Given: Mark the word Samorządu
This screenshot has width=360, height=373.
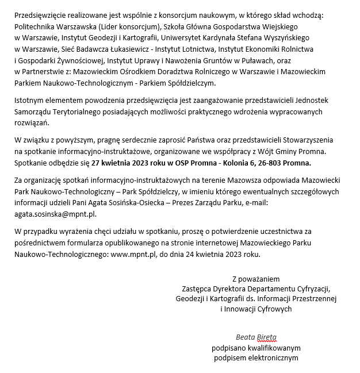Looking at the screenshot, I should tap(34, 112).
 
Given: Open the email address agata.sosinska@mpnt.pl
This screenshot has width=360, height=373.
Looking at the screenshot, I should tap(55, 214).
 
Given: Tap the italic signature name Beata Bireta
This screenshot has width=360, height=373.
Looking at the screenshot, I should tap(256, 337).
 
